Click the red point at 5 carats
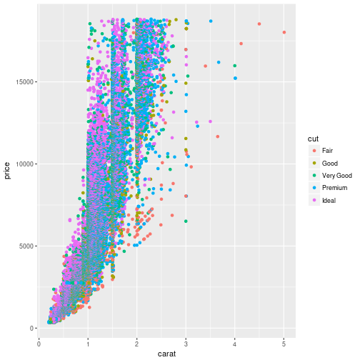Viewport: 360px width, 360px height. tap(284, 32)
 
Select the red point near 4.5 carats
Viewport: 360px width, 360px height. tap(259, 24)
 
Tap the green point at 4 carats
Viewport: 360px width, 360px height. tap(235, 66)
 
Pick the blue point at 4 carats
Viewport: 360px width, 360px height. tap(235, 78)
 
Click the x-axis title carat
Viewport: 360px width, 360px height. tap(161, 353)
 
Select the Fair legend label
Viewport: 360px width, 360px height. tap(327, 150)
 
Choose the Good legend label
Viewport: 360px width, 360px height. tap(329, 163)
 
